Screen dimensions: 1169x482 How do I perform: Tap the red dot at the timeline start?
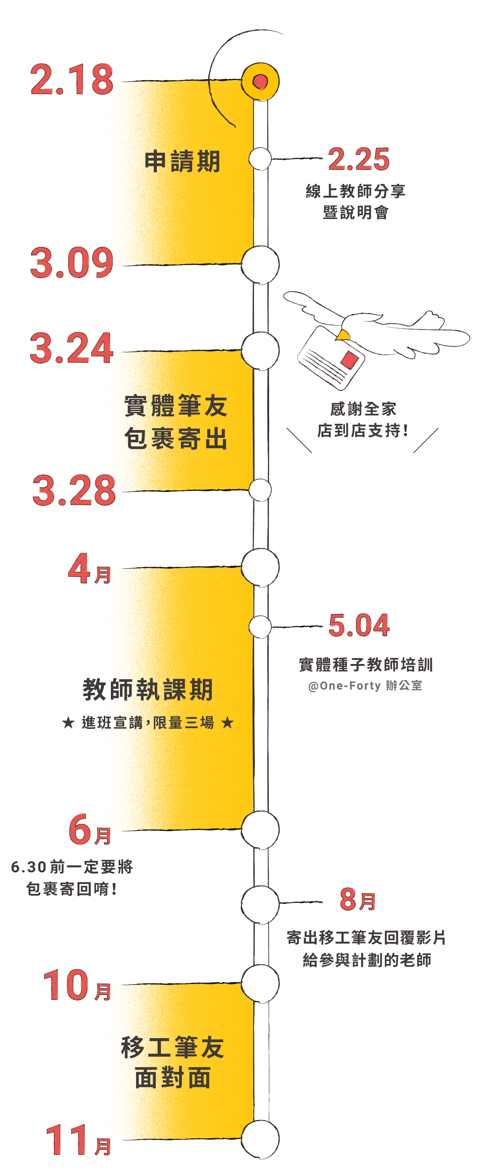click(x=260, y=82)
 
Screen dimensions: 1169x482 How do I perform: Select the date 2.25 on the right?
click(x=359, y=159)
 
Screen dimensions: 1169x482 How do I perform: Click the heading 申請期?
click(x=182, y=162)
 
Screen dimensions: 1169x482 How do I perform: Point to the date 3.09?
click(x=72, y=263)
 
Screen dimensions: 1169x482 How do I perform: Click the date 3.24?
click(x=71, y=348)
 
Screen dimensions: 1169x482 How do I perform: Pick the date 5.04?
click(x=359, y=625)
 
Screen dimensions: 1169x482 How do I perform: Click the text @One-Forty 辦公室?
click(x=365, y=685)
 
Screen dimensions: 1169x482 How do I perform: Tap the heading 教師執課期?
click(x=148, y=690)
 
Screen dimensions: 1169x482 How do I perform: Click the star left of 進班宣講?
click(x=68, y=723)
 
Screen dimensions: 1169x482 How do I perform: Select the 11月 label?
click(x=78, y=1140)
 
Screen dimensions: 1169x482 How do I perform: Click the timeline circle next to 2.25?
click(x=260, y=159)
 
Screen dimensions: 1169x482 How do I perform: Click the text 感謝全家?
click(x=363, y=409)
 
